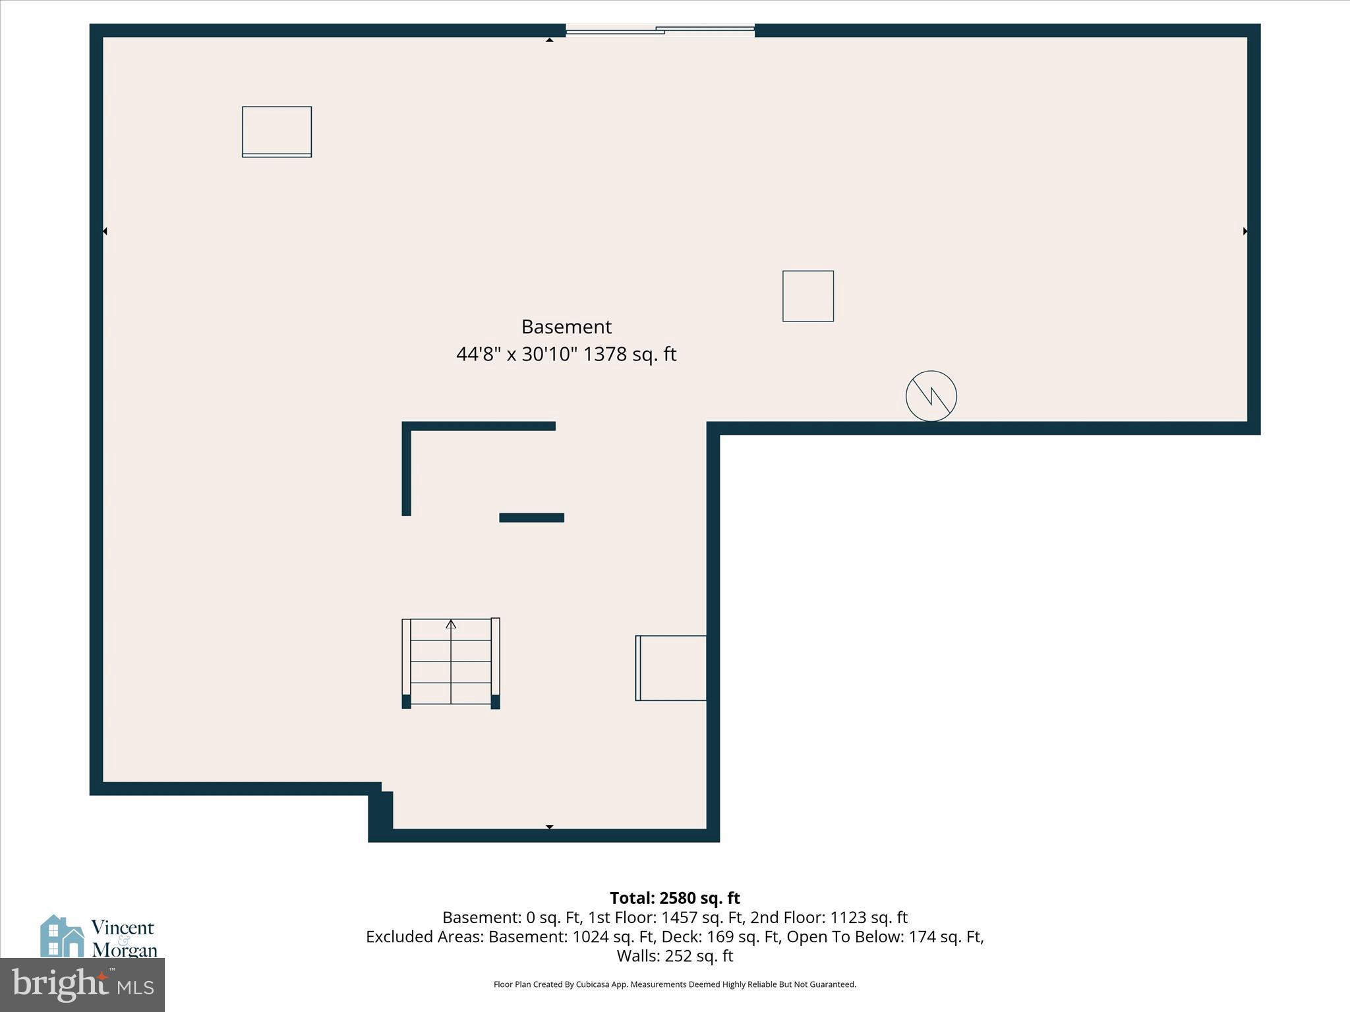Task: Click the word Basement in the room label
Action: click(x=566, y=327)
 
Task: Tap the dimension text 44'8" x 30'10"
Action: click(x=517, y=354)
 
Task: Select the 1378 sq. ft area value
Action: click(x=630, y=354)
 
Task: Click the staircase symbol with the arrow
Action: click(x=451, y=661)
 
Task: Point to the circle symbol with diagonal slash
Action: click(x=931, y=396)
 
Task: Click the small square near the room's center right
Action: click(x=807, y=296)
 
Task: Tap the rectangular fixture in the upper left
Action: click(x=277, y=132)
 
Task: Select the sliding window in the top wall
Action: click(x=660, y=30)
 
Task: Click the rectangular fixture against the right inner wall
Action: click(x=671, y=668)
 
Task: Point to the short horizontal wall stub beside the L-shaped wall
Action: click(x=531, y=518)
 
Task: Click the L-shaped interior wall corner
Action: click(x=407, y=427)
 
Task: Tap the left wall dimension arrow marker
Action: click(x=105, y=231)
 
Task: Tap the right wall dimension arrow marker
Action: click(x=1245, y=231)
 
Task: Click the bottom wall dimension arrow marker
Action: click(x=549, y=827)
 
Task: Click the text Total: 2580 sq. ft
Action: click(x=674, y=898)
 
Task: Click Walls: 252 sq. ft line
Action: click(x=674, y=955)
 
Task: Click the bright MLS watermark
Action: click(x=82, y=984)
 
